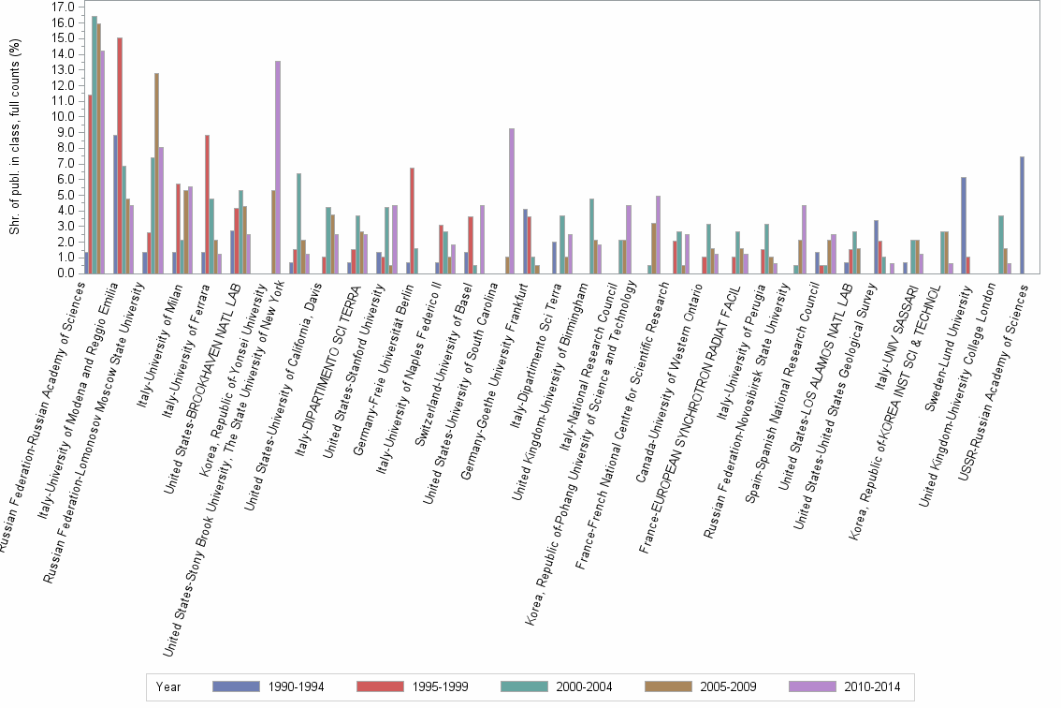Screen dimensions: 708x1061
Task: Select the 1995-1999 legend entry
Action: [x=384, y=686]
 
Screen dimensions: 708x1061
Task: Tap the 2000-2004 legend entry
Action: [x=528, y=686]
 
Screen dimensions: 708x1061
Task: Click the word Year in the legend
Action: [x=169, y=686]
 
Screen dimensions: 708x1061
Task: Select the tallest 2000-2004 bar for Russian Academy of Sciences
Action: [x=94, y=144]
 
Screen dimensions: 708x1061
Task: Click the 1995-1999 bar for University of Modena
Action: [x=120, y=155]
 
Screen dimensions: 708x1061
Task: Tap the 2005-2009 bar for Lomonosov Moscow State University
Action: [x=157, y=173]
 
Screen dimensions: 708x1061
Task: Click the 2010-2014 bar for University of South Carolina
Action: [x=512, y=200]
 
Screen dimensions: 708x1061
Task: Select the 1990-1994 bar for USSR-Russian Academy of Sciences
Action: [x=1023, y=214]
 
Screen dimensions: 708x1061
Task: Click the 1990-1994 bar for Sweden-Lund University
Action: [x=964, y=225]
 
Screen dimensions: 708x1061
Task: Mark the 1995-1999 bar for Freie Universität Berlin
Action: [x=412, y=220]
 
